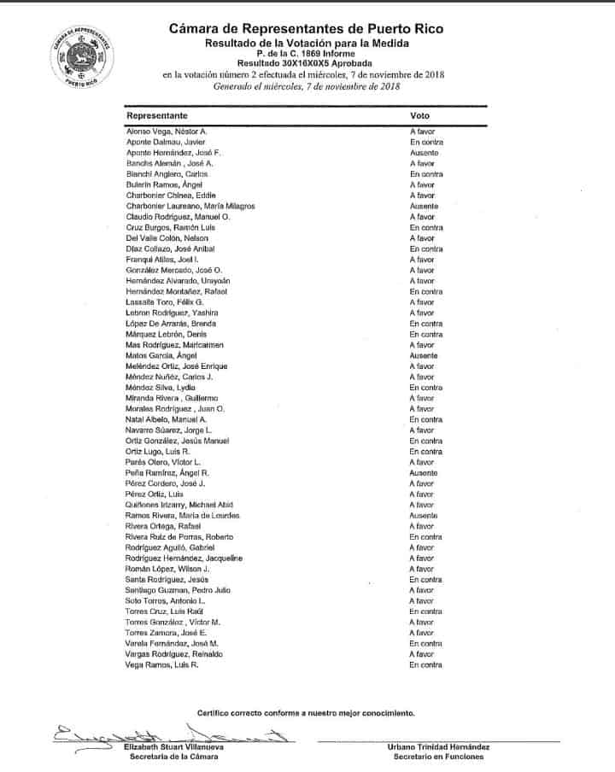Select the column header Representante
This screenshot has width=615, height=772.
click(157, 114)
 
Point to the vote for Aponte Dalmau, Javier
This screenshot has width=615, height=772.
click(425, 142)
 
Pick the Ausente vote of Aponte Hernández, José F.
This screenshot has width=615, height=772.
click(425, 152)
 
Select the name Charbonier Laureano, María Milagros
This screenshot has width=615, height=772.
click(190, 206)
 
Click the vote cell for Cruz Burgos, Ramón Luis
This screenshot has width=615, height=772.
click(425, 227)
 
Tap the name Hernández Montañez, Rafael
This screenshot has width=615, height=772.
click(177, 291)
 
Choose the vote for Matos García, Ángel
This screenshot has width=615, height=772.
click(425, 355)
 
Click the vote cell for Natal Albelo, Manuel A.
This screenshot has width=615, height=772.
click(425, 419)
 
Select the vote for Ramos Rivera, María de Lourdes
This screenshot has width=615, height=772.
click(425, 516)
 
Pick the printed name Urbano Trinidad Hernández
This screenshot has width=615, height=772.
click(434, 746)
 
